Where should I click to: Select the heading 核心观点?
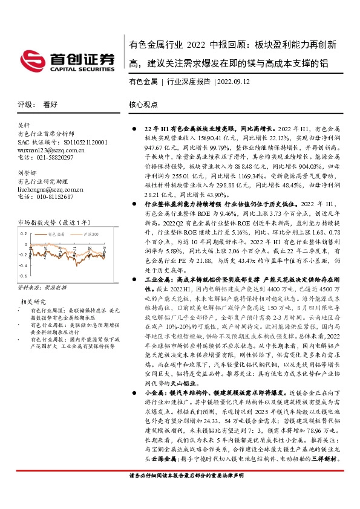pos(145,104)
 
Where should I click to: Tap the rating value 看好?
pos(50,104)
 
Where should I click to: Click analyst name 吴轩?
pos(25,125)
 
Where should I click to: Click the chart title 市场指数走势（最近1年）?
pos(56,223)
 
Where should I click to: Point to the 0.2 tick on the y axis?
pos(24,233)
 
